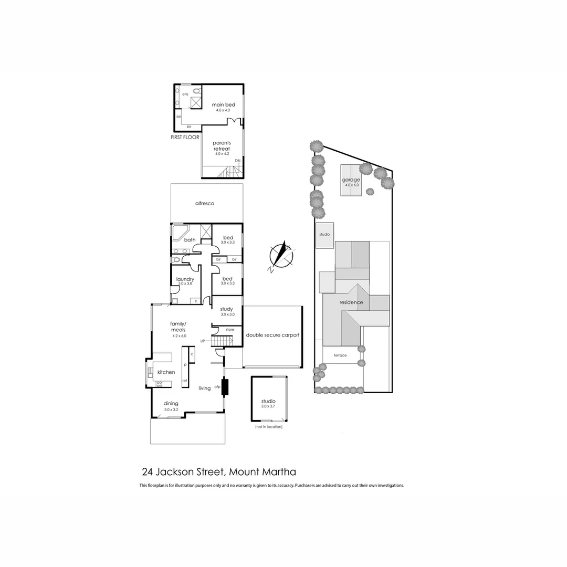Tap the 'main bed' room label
pyautogui.click(x=223, y=105)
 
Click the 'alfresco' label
pyautogui.click(x=205, y=203)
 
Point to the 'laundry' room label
pyautogui.click(x=185, y=279)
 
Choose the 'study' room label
pyautogui.click(x=226, y=309)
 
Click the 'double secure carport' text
pyautogui.click(x=272, y=334)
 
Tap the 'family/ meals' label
pyautogui.click(x=179, y=327)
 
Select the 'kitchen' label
pyautogui.click(x=166, y=372)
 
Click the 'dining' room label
pyautogui.click(x=171, y=403)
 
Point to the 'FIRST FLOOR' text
pyautogui.click(x=185, y=137)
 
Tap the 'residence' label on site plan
pyautogui.click(x=351, y=302)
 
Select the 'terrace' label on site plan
pyautogui.click(x=340, y=355)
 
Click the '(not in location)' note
pyautogui.click(x=269, y=427)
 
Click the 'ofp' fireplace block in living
pyautogui.click(x=226, y=387)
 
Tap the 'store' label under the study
pyautogui.click(x=229, y=329)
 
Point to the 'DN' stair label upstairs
pyautogui.click(x=237, y=160)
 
